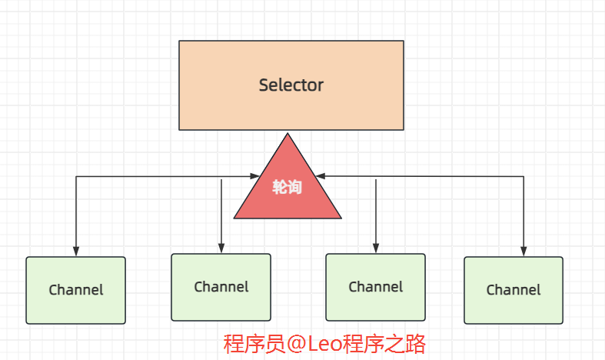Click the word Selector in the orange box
pos(291,85)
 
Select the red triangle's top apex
pos(288,135)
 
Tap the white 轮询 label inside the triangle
pos(287,187)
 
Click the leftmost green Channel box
pos(75,290)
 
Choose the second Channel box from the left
pos(221,287)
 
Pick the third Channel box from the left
pos(375,287)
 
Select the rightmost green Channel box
pos(513,290)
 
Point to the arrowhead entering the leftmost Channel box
pos(75,252)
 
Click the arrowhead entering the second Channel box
pos(221,248)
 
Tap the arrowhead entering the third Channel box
pos(375,248)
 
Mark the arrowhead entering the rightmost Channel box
pos(524,252)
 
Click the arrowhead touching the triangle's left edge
pos(258,177)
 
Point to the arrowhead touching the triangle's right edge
pos(318,176)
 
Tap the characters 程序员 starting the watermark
pos(253,344)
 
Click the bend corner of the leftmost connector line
pos(75,177)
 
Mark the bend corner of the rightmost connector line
pos(524,176)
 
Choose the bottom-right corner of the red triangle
pos(341,218)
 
